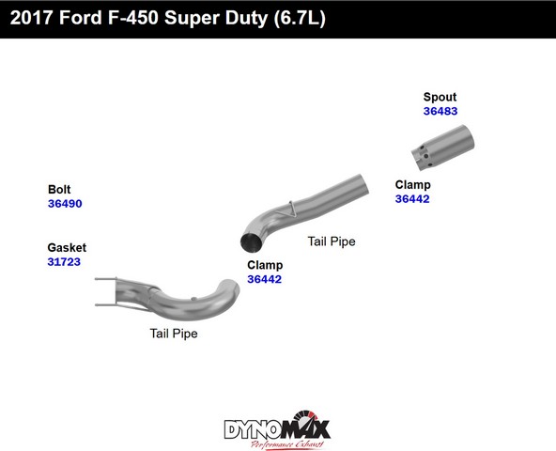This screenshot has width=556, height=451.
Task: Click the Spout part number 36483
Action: [440, 111]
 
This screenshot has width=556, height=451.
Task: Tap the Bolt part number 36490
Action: [65, 204]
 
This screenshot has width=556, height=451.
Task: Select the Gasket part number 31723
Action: [64, 262]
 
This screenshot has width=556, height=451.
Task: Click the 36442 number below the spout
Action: [412, 198]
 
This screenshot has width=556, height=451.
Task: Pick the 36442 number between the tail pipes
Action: [265, 279]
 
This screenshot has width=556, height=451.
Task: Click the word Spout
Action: [440, 97]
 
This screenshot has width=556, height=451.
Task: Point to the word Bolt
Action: [59, 189]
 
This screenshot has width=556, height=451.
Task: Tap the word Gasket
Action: [67, 247]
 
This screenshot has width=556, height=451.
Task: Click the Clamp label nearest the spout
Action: [412, 185]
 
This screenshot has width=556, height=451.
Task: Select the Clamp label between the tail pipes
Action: [265, 265]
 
